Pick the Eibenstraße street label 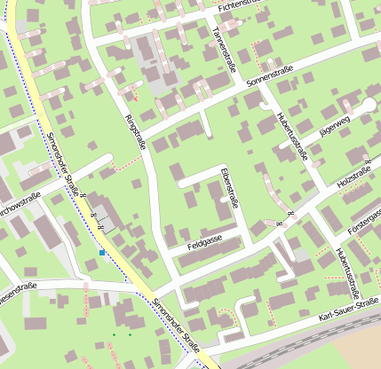[x=229, y=187]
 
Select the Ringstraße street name [x=135, y=132]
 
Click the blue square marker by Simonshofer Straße [x=102, y=253]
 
